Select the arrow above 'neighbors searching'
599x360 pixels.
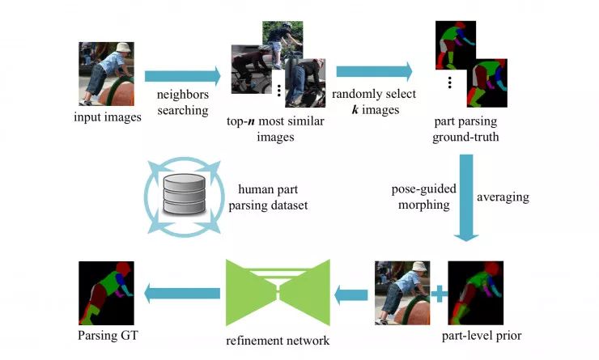pos(182,77)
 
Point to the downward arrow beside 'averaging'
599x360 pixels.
pos(465,198)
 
